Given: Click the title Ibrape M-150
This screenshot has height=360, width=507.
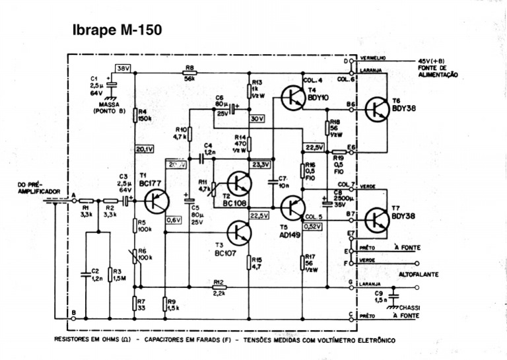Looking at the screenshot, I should pyautogui.click(x=117, y=30).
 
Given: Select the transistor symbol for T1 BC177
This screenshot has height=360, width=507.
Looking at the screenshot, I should pyautogui.click(x=157, y=198).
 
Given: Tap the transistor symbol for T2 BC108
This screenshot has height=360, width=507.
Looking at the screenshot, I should pyautogui.click(x=239, y=184).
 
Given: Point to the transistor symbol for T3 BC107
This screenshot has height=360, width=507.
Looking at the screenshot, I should pyautogui.click(x=239, y=232).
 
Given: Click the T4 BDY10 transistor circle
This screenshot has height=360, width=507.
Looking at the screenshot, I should pyautogui.click(x=291, y=97).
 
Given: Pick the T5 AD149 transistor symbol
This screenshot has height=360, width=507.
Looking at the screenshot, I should pyautogui.click(x=291, y=207).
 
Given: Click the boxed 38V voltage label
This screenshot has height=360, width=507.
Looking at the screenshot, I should pyautogui.click(x=123, y=68).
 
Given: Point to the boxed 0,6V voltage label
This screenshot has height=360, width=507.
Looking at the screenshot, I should pyautogui.click(x=174, y=220).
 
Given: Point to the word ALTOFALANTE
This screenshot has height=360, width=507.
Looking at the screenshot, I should pyautogui.click(x=419, y=273).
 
